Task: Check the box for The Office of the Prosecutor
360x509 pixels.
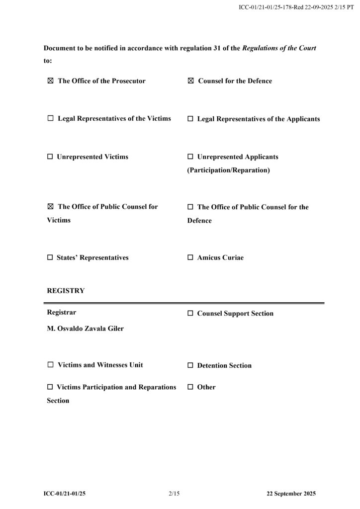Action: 50,81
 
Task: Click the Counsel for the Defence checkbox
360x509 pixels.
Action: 190,81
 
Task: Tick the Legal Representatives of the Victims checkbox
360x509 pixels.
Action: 50,119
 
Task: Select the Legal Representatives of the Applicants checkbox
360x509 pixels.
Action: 190,119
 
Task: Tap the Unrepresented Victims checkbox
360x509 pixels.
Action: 50,157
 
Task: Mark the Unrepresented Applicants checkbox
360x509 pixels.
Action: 190,157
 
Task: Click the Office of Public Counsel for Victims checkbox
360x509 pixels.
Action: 50,207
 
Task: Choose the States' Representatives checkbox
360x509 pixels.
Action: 50,258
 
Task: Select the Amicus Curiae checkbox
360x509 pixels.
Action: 190,258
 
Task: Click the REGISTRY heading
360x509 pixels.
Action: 66,291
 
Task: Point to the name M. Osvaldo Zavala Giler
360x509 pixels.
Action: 85,329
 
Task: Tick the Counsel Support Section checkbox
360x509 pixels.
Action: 190,314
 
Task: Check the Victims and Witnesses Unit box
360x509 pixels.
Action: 50,365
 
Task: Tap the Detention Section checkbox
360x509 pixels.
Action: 190,365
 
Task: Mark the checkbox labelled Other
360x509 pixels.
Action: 190,387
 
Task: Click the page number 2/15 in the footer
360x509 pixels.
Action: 174,494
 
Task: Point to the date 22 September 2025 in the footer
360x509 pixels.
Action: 291,494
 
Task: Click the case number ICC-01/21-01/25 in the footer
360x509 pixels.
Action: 68,494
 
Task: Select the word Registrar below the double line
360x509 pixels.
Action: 62,313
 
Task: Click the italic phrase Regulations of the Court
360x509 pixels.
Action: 279,48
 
